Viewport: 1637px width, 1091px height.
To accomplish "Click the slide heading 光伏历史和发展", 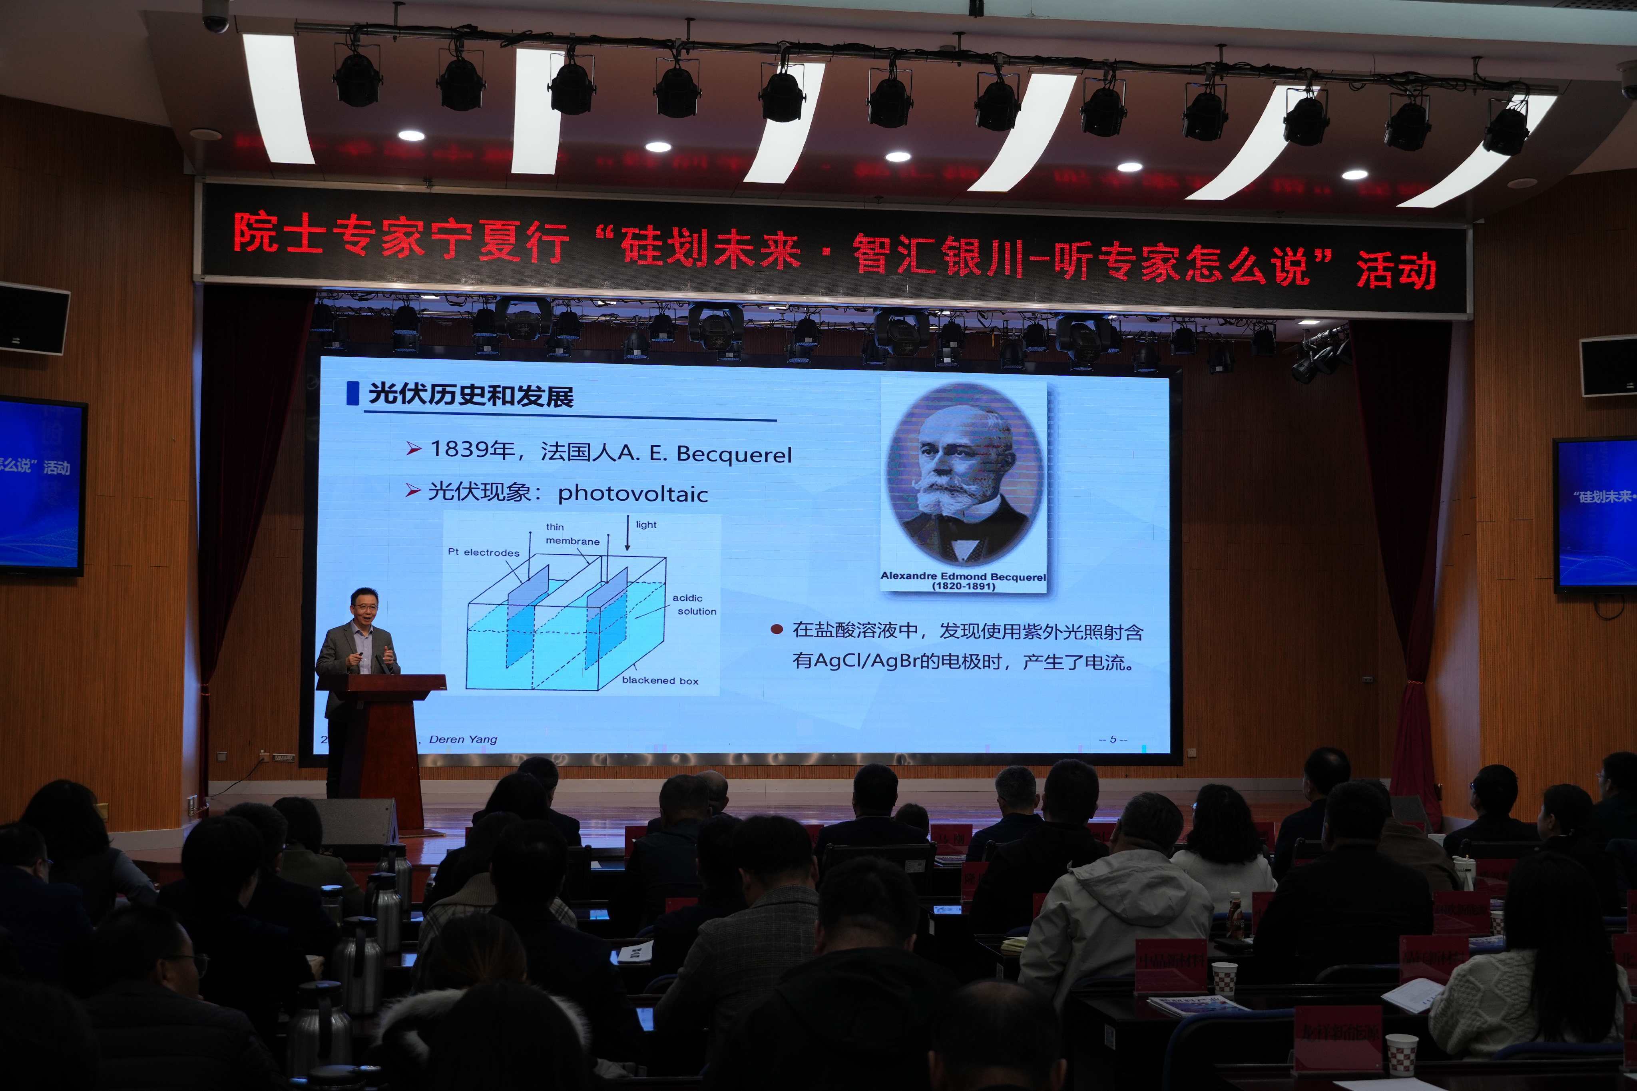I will click(470, 395).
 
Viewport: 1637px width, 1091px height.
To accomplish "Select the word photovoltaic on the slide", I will click(632, 494).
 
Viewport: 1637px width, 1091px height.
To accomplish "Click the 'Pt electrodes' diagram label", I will click(483, 552).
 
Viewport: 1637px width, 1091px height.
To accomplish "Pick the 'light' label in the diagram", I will click(645, 525).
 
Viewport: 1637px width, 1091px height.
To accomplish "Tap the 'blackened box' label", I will click(659, 681).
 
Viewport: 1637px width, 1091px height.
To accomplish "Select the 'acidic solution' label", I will click(693, 605).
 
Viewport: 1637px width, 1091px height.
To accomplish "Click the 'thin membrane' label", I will click(570, 534).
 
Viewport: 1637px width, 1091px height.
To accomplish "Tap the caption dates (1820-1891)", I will click(964, 587).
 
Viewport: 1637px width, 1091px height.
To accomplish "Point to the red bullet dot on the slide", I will click(777, 630).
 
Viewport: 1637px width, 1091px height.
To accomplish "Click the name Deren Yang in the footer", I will click(463, 739).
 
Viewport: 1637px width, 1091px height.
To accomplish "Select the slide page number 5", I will click(1112, 739).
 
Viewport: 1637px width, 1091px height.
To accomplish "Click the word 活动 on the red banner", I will click(1396, 270).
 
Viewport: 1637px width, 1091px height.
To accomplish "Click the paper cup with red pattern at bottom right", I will click(1401, 1054).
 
